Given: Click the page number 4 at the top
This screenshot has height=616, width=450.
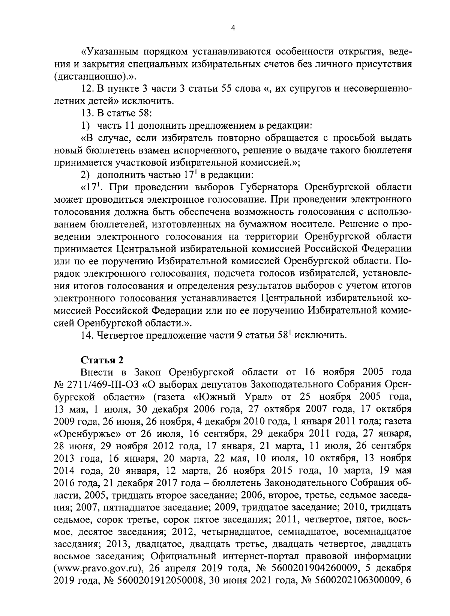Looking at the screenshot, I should [233, 29].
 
